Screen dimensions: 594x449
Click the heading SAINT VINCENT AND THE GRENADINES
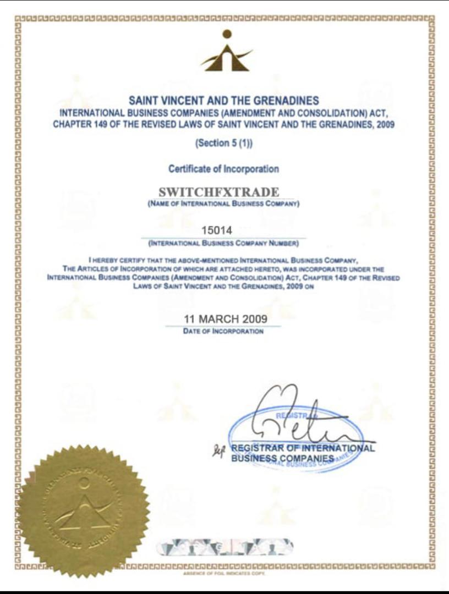coord(223,101)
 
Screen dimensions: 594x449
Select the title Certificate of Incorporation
coord(223,169)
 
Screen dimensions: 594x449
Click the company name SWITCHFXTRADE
coord(218,193)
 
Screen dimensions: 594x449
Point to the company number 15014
coord(217,231)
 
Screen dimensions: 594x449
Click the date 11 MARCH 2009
coord(225,319)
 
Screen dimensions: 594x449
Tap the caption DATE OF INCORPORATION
coord(223,332)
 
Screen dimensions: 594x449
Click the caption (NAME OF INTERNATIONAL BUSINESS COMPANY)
coord(223,204)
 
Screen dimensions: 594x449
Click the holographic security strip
coord(225,547)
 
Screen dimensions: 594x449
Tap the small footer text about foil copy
coord(225,573)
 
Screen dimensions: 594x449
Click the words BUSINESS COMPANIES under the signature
coord(282,458)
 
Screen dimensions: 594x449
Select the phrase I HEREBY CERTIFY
coord(112,258)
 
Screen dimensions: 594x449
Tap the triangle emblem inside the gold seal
coord(84,509)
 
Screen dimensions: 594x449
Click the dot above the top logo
coord(227,34)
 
